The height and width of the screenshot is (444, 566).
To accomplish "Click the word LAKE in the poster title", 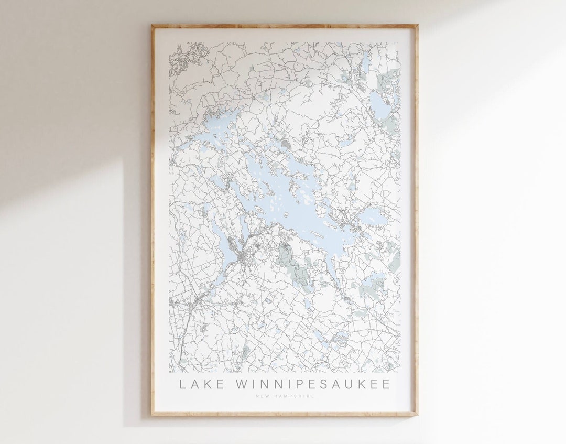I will pos(197,385).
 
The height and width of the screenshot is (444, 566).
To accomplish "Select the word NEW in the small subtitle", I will pos(260,396).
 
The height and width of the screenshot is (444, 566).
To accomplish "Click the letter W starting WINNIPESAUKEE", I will pos(244,385).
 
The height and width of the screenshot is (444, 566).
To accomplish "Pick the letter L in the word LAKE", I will pos(183,385).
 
